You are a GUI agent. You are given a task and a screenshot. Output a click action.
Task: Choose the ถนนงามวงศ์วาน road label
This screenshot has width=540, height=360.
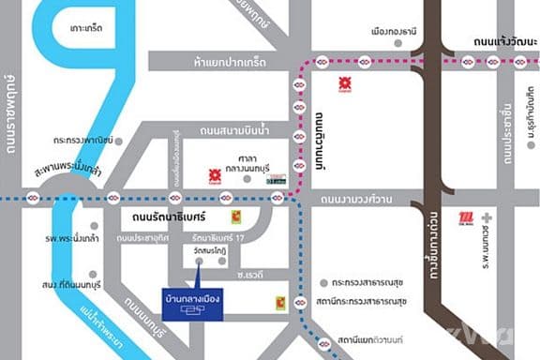(x=355, y=199)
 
